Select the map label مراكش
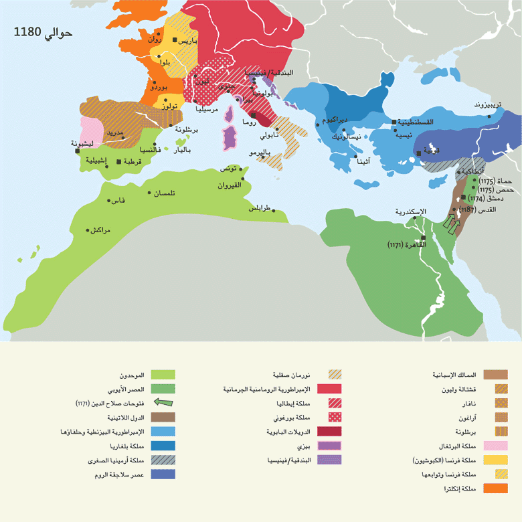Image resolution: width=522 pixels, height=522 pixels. [x=100, y=230]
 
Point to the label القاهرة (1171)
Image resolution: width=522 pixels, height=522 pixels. [x=405, y=245]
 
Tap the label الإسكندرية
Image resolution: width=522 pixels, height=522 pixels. [x=409, y=213]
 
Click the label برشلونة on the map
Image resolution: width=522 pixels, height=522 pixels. [x=177, y=130]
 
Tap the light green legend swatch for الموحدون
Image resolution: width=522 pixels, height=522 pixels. [x=163, y=375]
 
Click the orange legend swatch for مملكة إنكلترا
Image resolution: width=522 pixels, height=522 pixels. [x=496, y=488]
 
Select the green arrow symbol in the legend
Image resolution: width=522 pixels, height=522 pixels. [x=163, y=402]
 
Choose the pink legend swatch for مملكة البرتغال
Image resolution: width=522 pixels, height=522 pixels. [x=496, y=446]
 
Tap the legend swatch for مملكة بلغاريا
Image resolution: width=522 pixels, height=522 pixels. [x=163, y=446]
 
